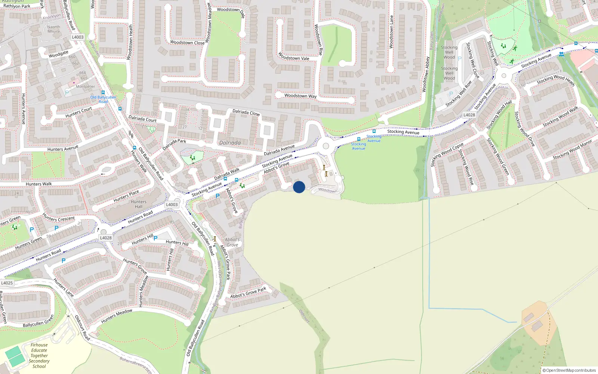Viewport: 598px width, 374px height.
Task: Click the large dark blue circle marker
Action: [299, 187]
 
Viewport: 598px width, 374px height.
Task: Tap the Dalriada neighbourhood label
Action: [230, 143]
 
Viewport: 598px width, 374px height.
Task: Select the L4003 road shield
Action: [78, 37]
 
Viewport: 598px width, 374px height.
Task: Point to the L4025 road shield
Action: [7, 283]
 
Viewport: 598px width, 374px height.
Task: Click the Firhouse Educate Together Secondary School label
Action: [39, 356]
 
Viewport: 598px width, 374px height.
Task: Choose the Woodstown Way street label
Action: [300, 96]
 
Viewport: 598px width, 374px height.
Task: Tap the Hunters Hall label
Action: [139, 204]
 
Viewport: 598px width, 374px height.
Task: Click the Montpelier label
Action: [85, 86]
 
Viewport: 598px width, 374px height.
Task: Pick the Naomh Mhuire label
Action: [53, 29]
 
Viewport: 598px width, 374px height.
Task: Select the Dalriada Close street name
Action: [246, 112]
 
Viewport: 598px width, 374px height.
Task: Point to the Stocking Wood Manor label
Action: [572, 150]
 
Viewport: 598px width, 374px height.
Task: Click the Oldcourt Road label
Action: [82, 328]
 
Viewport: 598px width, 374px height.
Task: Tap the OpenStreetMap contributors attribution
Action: [569, 370]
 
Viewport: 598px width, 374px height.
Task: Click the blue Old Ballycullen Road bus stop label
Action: [103, 99]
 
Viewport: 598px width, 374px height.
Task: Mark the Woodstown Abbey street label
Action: [426, 74]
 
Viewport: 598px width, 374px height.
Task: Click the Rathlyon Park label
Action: [17, 6]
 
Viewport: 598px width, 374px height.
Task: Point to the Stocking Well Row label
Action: [458, 94]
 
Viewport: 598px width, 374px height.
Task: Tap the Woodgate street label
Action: [58, 54]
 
